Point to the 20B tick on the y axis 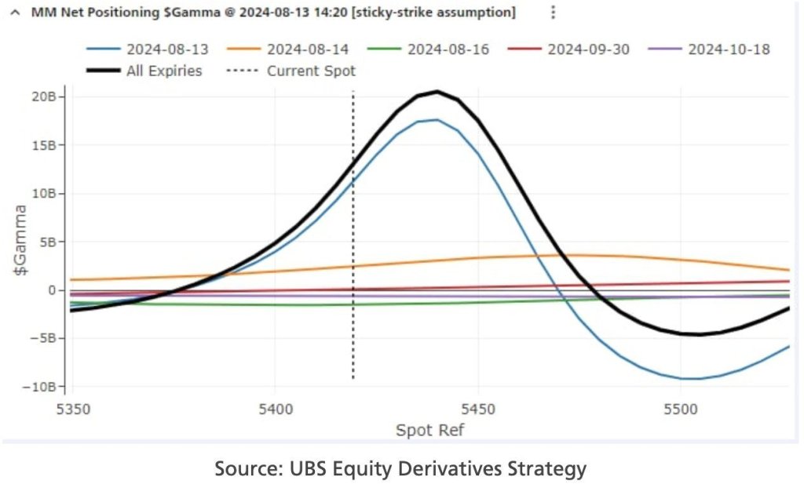(44, 97)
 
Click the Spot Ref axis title (430, 430)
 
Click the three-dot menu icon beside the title (553, 12)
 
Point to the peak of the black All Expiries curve (437, 91)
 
